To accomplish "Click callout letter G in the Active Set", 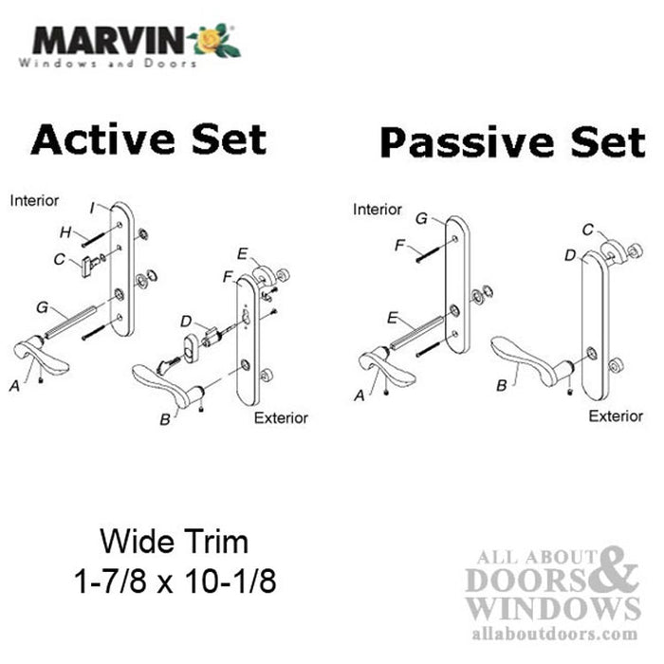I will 41,307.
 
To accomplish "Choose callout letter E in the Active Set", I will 243,253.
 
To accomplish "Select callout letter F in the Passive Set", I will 399,245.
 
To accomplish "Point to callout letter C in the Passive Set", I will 589,229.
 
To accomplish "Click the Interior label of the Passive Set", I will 378,209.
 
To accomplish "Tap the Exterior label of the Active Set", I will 281,417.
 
